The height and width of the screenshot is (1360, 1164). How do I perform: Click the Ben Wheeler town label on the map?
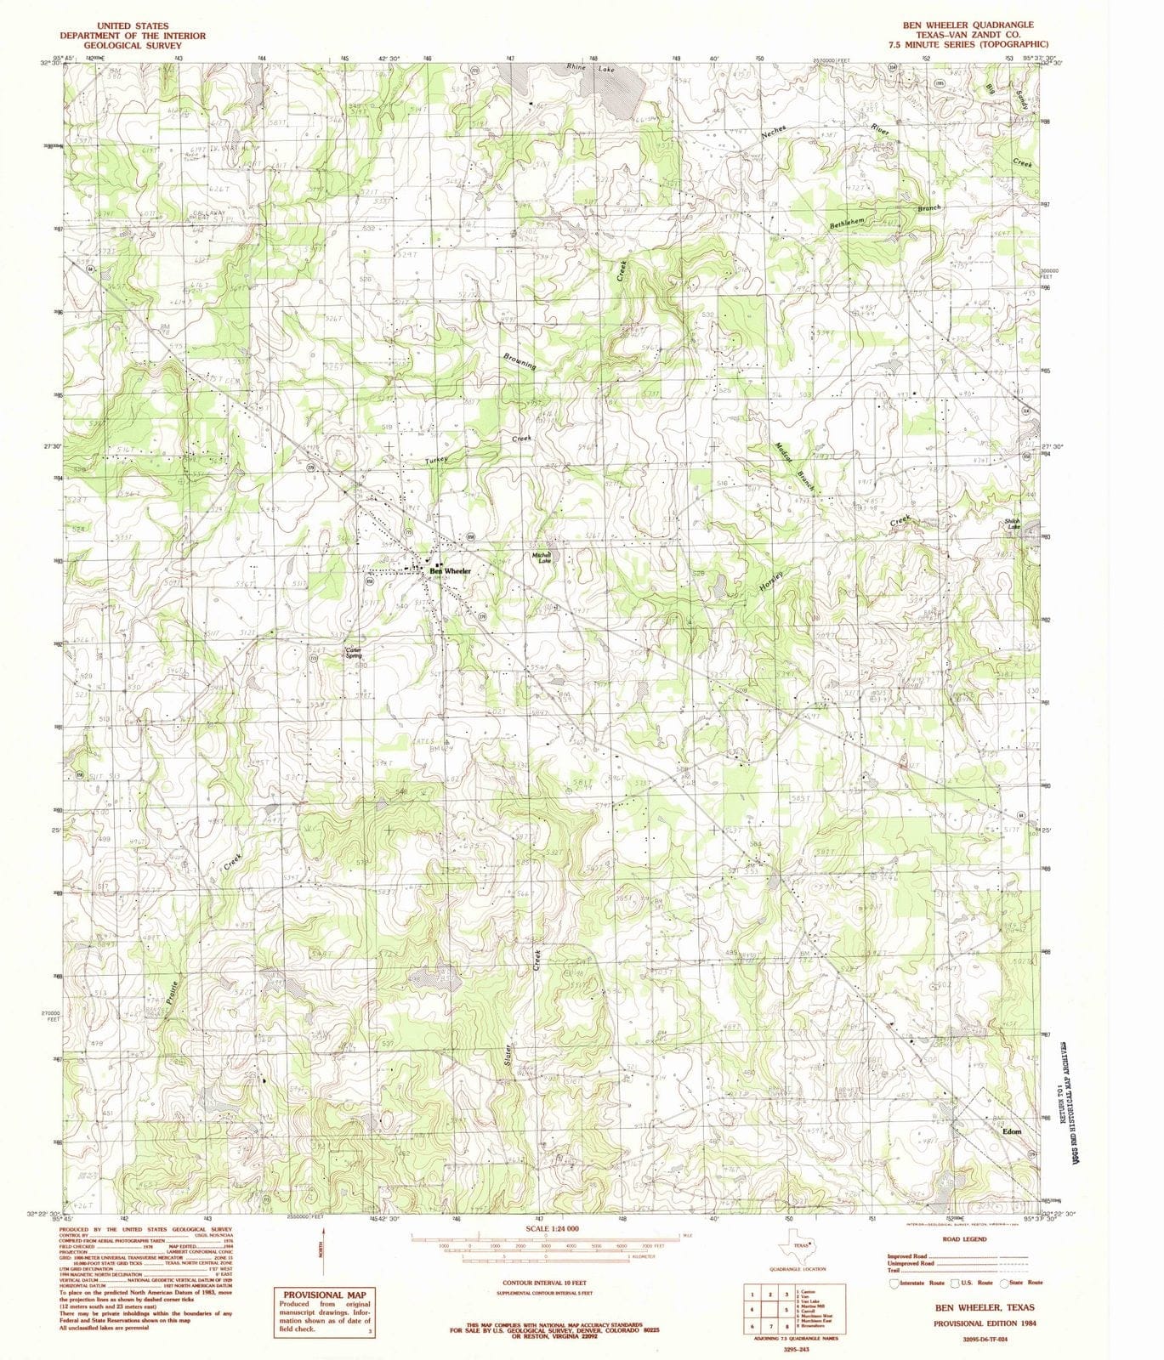(x=450, y=571)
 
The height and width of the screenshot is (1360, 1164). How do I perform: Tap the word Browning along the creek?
(x=520, y=360)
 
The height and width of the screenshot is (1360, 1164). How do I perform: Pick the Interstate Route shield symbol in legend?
(x=894, y=1283)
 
